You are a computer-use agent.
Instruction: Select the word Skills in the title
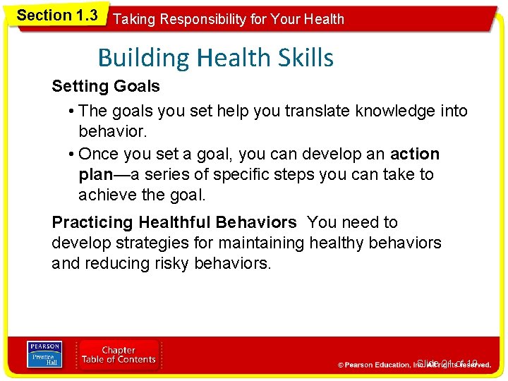(x=303, y=57)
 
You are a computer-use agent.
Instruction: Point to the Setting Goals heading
(x=106, y=87)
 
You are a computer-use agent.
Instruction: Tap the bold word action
(x=415, y=154)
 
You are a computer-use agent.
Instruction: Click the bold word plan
(x=95, y=174)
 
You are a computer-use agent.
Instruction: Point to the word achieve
(x=105, y=194)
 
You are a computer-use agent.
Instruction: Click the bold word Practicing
(x=92, y=223)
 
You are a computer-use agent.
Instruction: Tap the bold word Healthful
(x=176, y=223)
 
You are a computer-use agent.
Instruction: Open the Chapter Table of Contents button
(x=119, y=355)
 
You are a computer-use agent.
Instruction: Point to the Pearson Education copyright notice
(x=414, y=365)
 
